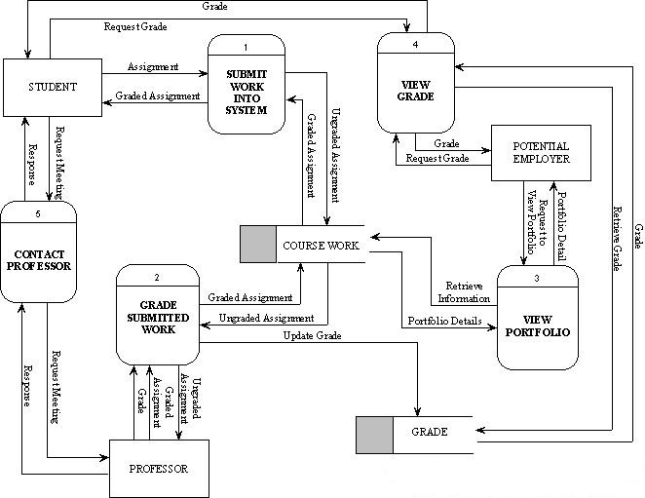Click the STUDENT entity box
click(x=52, y=86)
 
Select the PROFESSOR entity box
click(x=159, y=469)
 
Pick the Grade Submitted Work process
click(x=158, y=317)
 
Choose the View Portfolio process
click(x=537, y=325)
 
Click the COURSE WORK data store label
click(x=322, y=245)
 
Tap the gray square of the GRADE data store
click(x=374, y=434)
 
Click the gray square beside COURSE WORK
click(x=259, y=244)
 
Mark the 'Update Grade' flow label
click(x=312, y=336)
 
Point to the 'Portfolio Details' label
click(x=444, y=321)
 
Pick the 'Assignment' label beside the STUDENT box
click(x=153, y=67)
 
